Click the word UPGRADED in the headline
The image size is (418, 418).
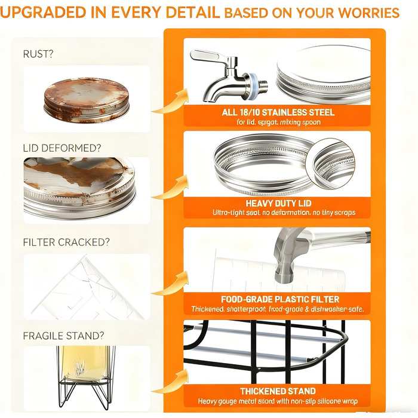pyautogui.click(x=43, y=13)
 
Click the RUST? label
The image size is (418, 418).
pyautogui.click(x=38, y=54)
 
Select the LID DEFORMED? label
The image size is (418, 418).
pyautogui.click(x=62, y=148)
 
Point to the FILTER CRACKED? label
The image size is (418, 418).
pyautogui.click(x=66, y=242)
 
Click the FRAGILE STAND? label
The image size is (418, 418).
pyautogui.click(x=63, y=336)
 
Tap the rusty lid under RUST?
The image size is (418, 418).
pyautogui.click(x=87, y=100)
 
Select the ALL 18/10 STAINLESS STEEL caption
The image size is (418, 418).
pyautogui.click(x=278, y=112)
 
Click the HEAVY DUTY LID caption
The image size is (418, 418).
pyautogui.click(x=278, y=204)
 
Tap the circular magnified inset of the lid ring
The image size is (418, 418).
pyautogui.click(x=330, y=164)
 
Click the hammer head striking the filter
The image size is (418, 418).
pyautogui.click(x=285, y=256)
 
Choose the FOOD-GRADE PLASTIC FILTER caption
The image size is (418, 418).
pyautogui.click(x=280, y=299)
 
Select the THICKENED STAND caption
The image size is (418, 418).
pyautogui.click(x=278, y=391)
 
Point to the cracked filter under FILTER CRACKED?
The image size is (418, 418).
pyautogui.click(x=88, y=288)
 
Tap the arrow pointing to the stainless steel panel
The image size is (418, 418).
pyautogui.click(x=171, y=102)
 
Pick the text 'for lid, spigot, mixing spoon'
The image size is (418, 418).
pyautogui.click(x=278, y=122)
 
